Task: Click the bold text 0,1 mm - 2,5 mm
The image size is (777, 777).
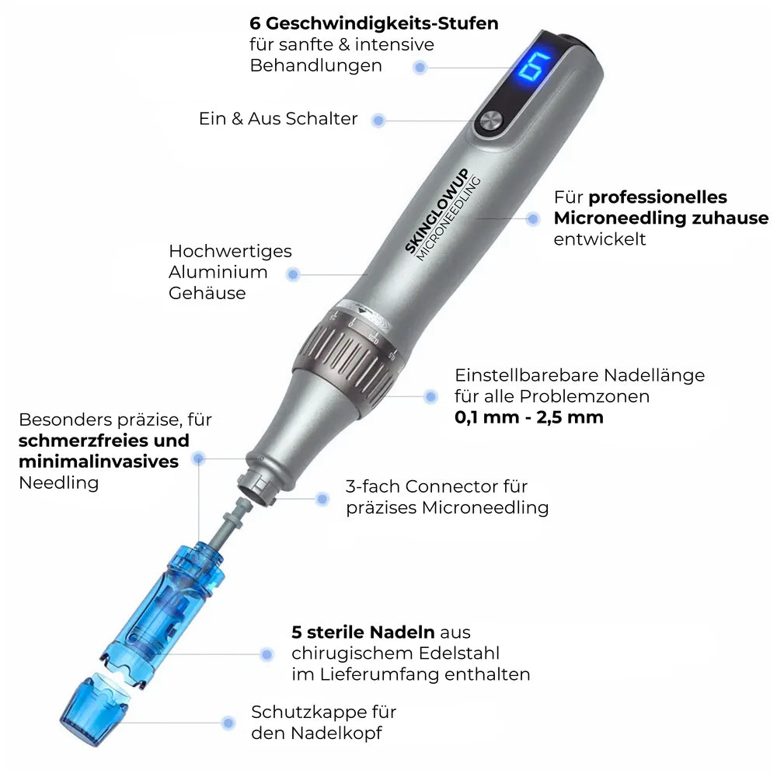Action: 528,417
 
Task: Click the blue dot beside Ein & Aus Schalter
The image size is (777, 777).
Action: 378,120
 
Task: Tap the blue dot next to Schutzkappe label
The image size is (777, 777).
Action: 228,723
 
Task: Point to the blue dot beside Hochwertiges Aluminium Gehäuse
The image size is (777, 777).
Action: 293,274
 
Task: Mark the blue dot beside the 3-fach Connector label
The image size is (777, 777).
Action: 322,497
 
